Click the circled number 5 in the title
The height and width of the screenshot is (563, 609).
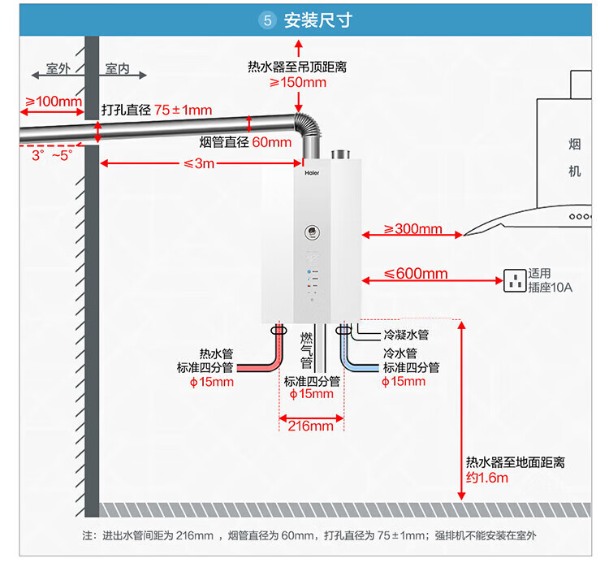pos(267,20)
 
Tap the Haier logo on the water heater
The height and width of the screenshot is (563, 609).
pos(312,173)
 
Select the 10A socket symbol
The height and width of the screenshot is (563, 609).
pos(514,281)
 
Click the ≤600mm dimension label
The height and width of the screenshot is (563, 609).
pos(416,275)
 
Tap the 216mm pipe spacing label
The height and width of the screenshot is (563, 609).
pos(311,426)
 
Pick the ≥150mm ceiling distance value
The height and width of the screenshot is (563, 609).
pos(298,82)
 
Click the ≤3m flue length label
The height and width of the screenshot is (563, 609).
pos(199,164)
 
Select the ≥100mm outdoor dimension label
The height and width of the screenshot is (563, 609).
pos(54,102)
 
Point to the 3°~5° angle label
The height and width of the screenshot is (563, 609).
pos(51,154)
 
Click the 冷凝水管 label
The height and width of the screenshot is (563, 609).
pos(405,335)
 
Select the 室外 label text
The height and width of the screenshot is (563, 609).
pos(59,69)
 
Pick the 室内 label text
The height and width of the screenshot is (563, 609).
pos(118,69)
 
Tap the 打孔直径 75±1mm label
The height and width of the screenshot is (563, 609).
pos(157,110)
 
